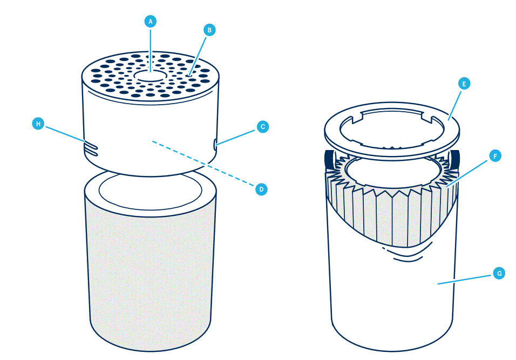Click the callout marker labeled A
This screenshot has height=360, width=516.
coord(151,22)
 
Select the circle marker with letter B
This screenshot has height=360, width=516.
coord(209,30)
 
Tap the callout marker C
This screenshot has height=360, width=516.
coord(262,127)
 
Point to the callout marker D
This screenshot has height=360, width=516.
coord(261,189)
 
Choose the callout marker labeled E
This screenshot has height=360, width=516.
coord(463,84)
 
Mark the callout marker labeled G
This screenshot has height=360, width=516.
coord(499,274)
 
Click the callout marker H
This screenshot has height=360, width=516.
coord(38,124)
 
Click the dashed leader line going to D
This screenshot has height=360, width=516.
coord(205,165)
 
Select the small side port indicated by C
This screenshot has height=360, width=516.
coord(215,144)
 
